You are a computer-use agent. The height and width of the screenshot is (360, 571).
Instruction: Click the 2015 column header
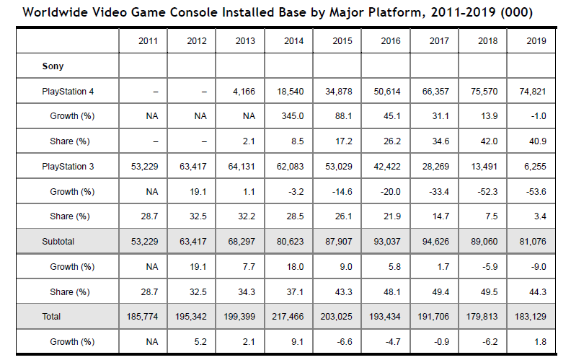pyautogui.click(x=342, y=41)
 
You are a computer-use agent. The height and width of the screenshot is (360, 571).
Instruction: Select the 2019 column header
pyautogui.click(x=536, y=41)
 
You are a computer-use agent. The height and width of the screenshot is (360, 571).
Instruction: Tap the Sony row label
pyautogui.click(x=53, y=66)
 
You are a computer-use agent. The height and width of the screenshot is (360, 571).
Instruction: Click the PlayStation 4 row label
pyautogui.click(x=68, y=91)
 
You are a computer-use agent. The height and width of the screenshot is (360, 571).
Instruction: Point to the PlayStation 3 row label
pyautogui.click(x=68, y=167)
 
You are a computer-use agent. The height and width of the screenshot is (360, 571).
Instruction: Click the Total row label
pyautogui.click(x=52, y=317)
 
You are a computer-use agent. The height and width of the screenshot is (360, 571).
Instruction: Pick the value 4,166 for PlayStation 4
pyautogui.click(x=245, y=91)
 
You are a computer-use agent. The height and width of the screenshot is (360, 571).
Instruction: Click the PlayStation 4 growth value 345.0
pyautogui.click(x=293, y=116)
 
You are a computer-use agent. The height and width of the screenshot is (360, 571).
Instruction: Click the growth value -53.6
pyautogui.click(x=536, y=192)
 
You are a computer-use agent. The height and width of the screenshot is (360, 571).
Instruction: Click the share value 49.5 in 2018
pyautogui.click(x=488, y=291)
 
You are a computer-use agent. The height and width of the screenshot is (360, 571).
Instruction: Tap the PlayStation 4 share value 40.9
pyautogui.click(x=536, y=141)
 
